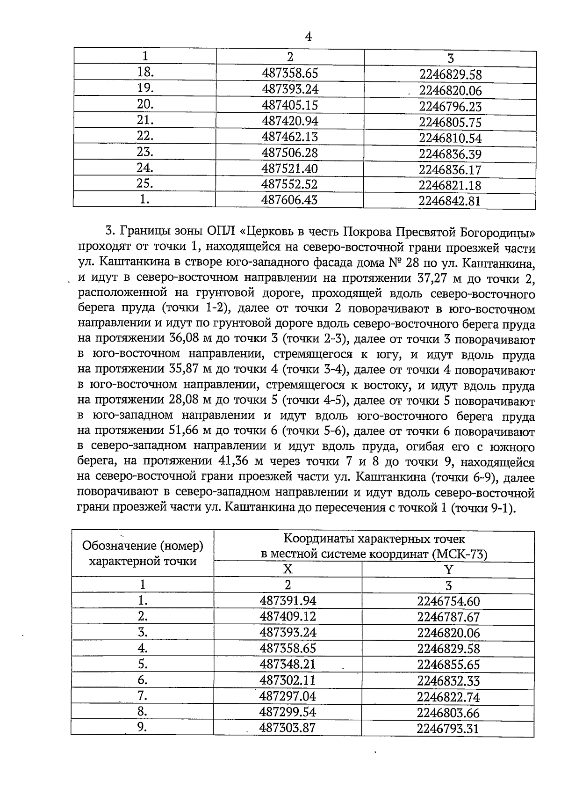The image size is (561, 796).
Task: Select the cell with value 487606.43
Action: click(x=289, y=200)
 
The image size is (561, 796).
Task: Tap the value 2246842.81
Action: click(x=450, y=201)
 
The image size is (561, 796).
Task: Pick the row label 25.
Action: click(x=145, y=183)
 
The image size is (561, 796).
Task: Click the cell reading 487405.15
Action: click(x=290, y=105)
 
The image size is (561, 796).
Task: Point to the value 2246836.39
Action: click(x=450, y=154)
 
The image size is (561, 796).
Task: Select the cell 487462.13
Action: click(x=290, y=137)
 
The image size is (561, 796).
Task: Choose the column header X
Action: click(x=288, y=569)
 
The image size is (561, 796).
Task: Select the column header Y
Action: click(x=449, y=570)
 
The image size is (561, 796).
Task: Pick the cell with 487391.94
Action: click(x=288, y=601)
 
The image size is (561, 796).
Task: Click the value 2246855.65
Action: click(x=448, y=665)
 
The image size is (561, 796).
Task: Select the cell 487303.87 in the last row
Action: click(x=288, y=728)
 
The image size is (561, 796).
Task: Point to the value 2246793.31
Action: click(x=448, y=729)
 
